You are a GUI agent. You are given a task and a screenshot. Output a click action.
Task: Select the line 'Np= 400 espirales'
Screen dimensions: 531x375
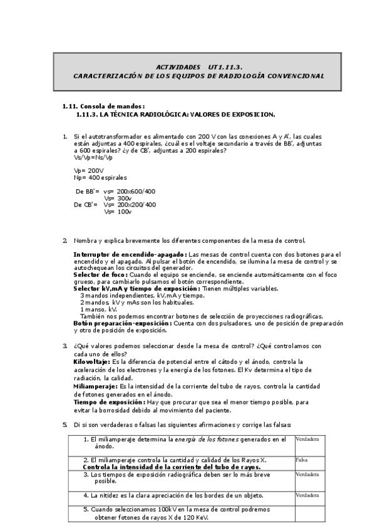(100, 178)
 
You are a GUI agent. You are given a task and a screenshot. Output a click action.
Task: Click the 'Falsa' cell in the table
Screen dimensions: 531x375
(302, 460)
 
